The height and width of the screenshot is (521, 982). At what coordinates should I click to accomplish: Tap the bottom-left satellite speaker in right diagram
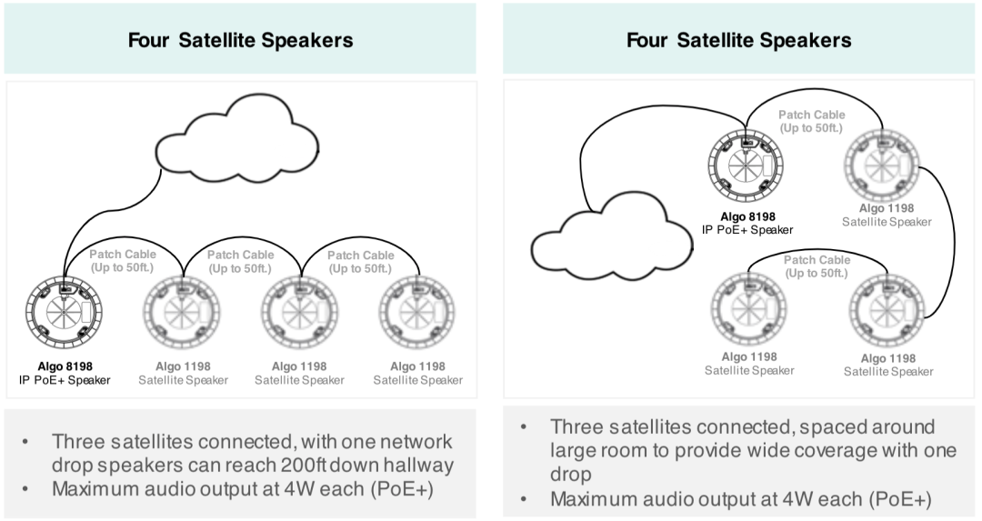point(747,308)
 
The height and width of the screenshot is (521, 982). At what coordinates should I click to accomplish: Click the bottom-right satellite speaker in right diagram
point(886,308)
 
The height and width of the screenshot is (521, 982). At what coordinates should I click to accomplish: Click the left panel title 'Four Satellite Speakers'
point(240,40)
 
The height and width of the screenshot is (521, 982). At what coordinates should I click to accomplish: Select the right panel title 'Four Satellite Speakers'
point(738,40)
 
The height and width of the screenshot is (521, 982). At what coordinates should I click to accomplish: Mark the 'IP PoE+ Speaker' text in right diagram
point(747,229)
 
